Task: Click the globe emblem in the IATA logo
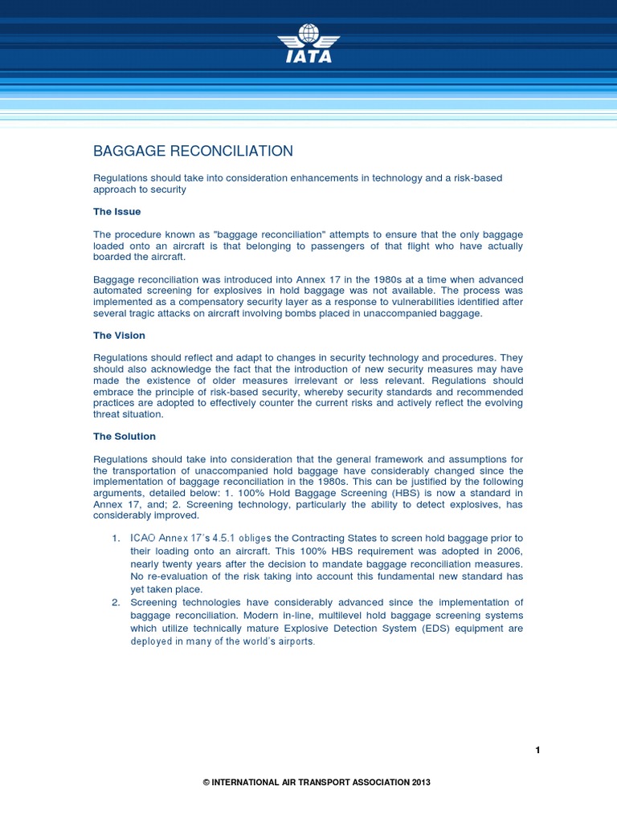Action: click(308, 34)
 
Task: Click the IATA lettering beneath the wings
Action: click(308, 57)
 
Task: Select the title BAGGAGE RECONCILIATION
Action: click(193, 151)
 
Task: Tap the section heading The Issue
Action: click(116, 212)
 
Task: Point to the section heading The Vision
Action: click(119, 336)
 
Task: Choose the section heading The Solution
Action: click(125, 437)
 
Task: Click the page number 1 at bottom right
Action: click(537, 750)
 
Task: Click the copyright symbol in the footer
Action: click(206, 783)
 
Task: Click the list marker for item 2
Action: click(116, 603)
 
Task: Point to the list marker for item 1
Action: click(116, 538)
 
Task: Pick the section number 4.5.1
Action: click(223, 538)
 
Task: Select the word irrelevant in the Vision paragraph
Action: click(311, 380)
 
